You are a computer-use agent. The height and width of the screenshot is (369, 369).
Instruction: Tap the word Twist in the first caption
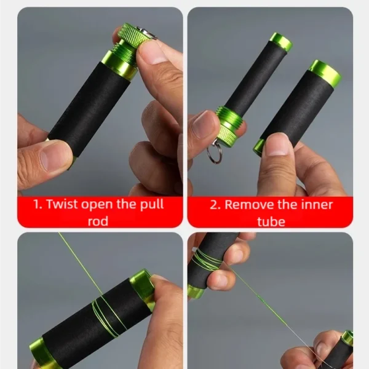(x=62, y=204)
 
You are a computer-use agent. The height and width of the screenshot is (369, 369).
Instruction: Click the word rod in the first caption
(x=98, y=221)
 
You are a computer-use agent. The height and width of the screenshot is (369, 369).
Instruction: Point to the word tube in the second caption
(x=271, y=221)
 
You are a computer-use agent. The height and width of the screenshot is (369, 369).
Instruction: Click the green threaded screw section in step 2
(x=228, y=116)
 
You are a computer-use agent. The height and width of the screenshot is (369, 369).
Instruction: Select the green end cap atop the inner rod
(x=280, y=42)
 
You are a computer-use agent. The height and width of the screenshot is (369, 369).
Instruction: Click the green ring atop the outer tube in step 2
(x=325, y=71)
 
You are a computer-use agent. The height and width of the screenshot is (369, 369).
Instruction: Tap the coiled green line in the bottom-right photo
(x=206, y=260)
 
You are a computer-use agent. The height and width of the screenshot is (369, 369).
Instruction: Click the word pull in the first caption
(x=152, y=205)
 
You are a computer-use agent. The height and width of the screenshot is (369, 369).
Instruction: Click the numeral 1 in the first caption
(x=38, y=204)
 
